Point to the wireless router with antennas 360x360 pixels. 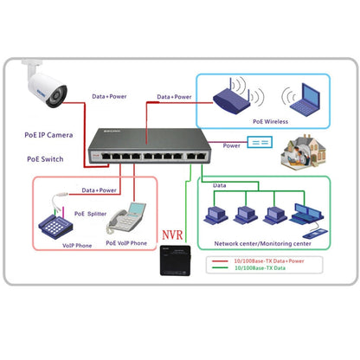pos(229,96)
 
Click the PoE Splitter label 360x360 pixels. pos(93,211)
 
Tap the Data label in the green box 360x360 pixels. pos(221,185)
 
